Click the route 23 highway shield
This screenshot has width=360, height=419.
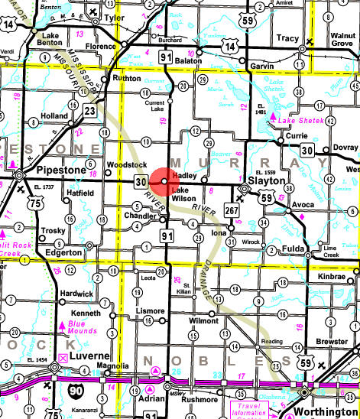click(91, 111)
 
